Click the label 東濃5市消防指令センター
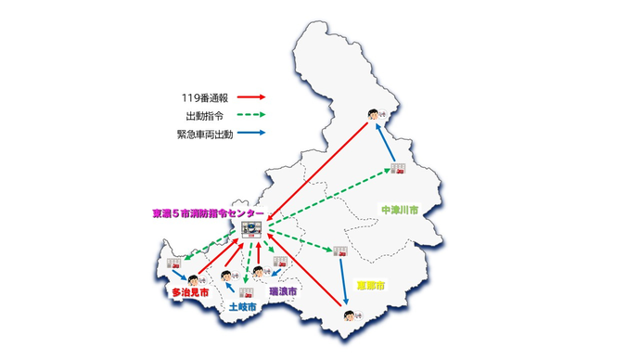pyautogui.click(x=206, y=213)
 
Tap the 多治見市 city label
pyautogui.click(x=188, y=292)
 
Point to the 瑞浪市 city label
pyautogui.click(x=283, y=291)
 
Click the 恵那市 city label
pyautogui.click(x=372, y=284)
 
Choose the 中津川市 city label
pyautogui.click(x=399, y=211)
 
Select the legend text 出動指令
pyautogui.click(x=204, y=115)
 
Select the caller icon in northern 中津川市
pyautogui.click(x=373, y=114)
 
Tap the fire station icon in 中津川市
pyautogui.click(x=400, y=168)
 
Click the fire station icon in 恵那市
pyautogui.click(x=340, y=251)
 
